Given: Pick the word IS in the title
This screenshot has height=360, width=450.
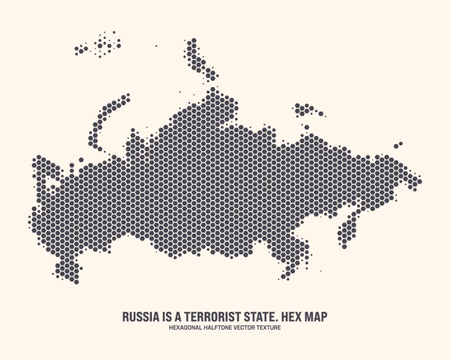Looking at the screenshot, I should tap(166, 317).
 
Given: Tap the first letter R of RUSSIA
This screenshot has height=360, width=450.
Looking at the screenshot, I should tap(126, 317).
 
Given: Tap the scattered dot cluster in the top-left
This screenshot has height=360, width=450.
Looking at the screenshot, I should tap(101, 45).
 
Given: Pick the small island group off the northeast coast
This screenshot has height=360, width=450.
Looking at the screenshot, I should tap(307, 110).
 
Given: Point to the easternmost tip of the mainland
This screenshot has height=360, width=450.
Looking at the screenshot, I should tap(419, 180).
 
